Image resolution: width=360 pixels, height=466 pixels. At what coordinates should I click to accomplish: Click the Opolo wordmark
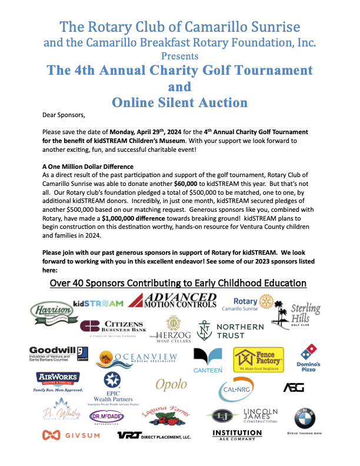(x=171, y=385)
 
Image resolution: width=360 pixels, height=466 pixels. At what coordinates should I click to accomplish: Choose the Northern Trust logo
(x=230, y=331)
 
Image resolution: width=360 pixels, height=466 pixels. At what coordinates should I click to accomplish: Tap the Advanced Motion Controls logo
(x=172, y=301)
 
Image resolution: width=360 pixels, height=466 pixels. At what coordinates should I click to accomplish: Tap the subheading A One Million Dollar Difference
(x=88, y=167)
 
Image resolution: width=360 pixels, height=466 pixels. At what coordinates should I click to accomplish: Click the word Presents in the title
(x=179, y=56)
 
